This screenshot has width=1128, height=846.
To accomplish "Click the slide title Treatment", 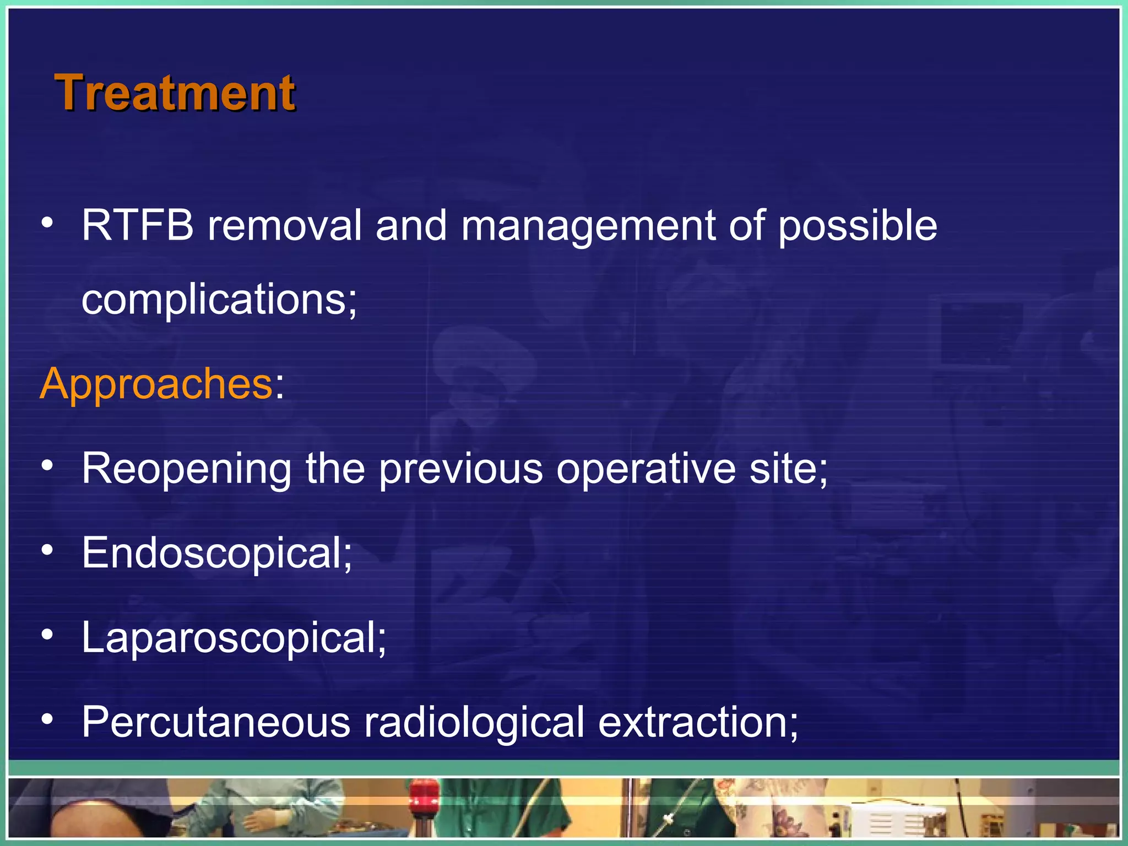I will [175, 93].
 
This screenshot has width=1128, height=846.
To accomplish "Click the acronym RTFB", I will [137, 225].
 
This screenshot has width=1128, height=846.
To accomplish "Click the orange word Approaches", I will [156, 383].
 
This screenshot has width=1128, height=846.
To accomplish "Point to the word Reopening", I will [186, 469].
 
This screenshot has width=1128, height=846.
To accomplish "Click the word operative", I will [646, 469].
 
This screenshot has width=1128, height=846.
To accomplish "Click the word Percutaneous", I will [216, 722].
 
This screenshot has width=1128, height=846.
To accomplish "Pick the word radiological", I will [474, 722].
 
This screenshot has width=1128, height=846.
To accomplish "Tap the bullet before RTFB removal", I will [48, 223].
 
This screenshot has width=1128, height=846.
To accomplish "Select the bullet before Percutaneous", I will [48, 719].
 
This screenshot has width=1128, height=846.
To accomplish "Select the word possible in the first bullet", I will [858, 226].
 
